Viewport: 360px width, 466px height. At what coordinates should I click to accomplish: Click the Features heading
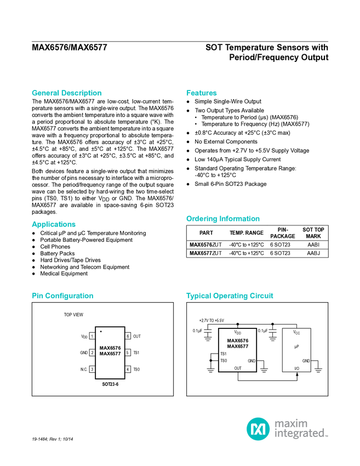(202, 93)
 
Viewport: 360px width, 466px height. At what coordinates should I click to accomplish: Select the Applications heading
(54, 224)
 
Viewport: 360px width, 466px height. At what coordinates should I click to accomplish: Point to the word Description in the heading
(82, 93)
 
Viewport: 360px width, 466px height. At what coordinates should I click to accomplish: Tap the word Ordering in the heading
(201, 219)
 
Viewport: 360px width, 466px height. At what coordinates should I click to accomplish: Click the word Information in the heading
(240, 219)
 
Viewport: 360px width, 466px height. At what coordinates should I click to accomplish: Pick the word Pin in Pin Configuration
(37, 296)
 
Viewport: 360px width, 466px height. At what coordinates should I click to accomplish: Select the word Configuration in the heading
(70, 296)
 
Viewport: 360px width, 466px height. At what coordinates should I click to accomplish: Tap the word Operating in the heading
(231, 296)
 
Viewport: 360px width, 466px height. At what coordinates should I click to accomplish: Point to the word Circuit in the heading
(262, 296)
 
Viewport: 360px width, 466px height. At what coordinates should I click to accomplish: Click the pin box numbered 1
(92, 336)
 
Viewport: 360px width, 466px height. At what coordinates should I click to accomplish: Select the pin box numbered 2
(92, 353)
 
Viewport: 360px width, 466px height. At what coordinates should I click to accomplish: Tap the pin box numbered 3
(92, 370)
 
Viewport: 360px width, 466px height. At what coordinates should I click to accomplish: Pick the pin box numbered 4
(128, 370)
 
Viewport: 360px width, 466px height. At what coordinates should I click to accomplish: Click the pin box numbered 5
(128, 353)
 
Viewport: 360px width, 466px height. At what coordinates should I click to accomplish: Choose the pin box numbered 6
(128, 336)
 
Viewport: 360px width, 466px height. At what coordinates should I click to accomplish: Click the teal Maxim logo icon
(258, 429)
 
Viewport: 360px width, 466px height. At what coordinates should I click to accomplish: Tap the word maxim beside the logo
(292, 423)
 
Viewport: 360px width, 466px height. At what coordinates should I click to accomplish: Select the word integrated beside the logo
(301, 434)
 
